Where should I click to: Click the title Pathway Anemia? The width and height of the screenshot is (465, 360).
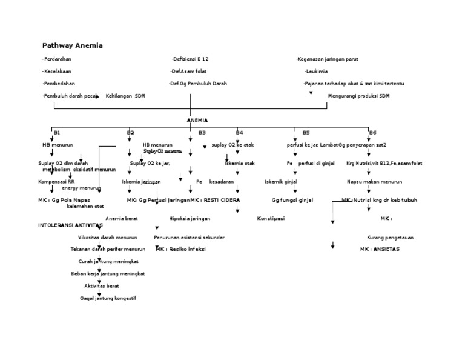coord(72,45)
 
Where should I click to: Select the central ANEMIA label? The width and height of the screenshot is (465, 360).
coord(197,120)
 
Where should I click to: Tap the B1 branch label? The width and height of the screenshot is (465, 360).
coord(57,132)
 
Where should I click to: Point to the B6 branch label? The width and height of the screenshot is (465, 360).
coord(372,132)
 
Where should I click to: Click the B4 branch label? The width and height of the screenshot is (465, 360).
coord(239,132)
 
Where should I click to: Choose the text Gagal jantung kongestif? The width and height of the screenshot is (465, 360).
coord(108,298)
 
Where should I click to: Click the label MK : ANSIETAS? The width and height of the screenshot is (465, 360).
coord(380,249)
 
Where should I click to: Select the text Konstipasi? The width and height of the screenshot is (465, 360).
coord(271,218)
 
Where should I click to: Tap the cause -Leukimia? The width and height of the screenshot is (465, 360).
coord(316,71)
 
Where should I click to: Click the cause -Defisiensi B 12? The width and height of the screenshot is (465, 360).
coord(190,59)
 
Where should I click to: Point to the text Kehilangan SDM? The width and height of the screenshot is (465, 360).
coord(125,96)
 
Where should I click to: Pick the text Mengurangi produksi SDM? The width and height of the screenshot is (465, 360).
coord(358,96)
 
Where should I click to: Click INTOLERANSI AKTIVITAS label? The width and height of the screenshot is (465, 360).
coord(70,225)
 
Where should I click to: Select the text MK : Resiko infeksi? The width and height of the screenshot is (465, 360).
coord(181,249)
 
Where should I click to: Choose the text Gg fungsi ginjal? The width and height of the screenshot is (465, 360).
coord(293,200)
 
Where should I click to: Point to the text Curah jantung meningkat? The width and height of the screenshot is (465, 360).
coord(108,261)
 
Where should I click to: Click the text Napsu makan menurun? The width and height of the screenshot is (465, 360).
coord(374,181)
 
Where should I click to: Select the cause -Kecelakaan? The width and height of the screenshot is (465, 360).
coord(56,71)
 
